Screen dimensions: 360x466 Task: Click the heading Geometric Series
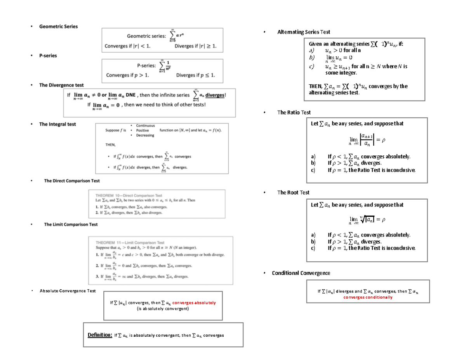click(58, 26)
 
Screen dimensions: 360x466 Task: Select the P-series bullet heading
click(48, 56)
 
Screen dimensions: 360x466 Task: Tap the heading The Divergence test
click(61, 85)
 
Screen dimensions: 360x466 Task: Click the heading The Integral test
click(57, 124)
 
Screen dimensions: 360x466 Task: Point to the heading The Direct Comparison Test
click(72, 181)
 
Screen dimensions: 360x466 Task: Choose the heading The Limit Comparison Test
click(71, 224)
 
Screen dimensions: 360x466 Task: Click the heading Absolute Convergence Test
click(68, 291)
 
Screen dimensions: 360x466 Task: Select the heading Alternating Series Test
click(304, 32)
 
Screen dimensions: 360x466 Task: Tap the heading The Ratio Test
click(294, 112)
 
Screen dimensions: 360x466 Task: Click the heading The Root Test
click(293, 192)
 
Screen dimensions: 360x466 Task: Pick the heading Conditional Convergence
click(301, 273)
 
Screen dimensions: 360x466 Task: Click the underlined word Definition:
click(100, 335)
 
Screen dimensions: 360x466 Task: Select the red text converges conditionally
click(368, 297)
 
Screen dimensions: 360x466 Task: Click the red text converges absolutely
click(194, 303)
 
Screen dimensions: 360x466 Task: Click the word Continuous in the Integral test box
click(145, 125)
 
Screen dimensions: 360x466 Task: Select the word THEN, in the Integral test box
click(111, 144)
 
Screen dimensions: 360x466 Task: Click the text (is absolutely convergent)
click(163, 309)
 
